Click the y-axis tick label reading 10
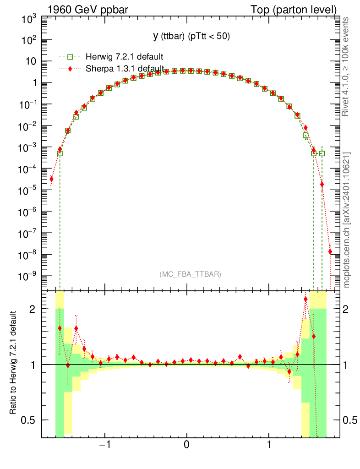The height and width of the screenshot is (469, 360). pos(32,62)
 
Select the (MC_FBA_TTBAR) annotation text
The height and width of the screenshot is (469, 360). pos(190,274)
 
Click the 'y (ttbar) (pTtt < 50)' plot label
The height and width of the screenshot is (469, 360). pos(191,36)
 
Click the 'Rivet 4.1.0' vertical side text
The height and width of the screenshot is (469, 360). pos(347,67)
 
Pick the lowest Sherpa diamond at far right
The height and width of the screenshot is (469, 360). pos(330,251)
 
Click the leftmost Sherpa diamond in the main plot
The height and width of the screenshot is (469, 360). pos(52,179)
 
